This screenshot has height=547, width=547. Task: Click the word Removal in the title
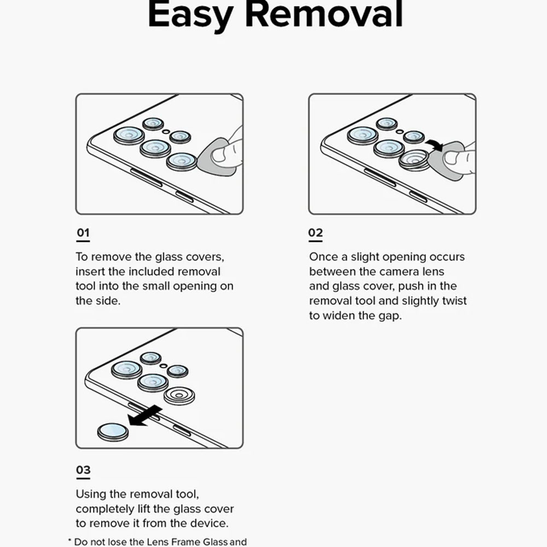coord(324,14)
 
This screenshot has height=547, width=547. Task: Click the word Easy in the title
coord(190,16)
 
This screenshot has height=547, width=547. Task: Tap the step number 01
coord(83,232)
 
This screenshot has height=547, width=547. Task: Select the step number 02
coord(316,232)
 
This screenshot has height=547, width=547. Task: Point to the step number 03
coord(83,469)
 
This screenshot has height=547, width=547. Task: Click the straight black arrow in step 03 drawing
coord(145,416)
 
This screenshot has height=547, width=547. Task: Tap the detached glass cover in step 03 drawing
coord(113,432)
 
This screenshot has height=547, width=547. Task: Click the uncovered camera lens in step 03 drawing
coord(179,395)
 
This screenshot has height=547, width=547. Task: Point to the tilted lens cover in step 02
coord(414,160)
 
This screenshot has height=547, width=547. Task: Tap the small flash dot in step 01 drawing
coord(166,132)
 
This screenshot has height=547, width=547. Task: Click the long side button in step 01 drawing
coord(146,177)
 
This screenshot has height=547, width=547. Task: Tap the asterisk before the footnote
coord(70,541)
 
